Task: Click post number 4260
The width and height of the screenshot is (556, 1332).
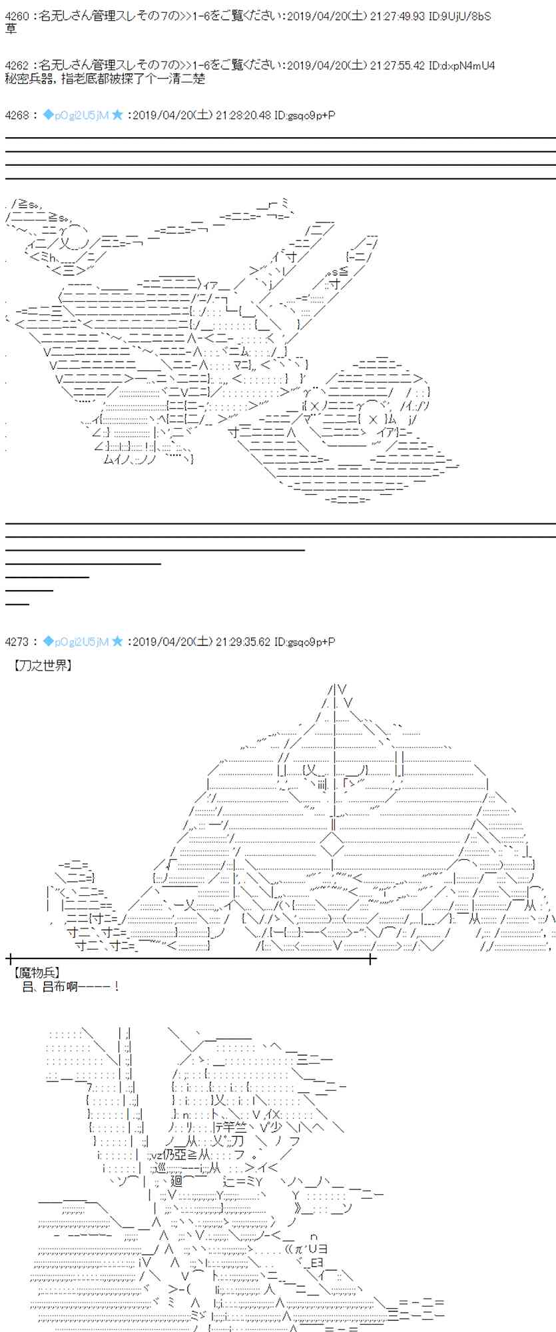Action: point(17,16)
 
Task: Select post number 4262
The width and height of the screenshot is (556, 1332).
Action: point(17,65)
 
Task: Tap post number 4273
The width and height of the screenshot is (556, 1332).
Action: point(17,641)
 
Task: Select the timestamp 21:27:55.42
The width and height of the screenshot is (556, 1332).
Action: point(398,65)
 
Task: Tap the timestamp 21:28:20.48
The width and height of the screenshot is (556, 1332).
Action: point(245,115)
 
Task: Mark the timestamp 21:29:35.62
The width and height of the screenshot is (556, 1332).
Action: point(245,641)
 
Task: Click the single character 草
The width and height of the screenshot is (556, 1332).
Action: point(11,29)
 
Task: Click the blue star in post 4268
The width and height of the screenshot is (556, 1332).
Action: point(117,115)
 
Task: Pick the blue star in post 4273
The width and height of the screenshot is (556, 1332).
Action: point(117,641)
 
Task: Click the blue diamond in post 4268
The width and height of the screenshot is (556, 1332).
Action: point(48,115)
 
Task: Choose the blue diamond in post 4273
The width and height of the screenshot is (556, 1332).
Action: point(48,641)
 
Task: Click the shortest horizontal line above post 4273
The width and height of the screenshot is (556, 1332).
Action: point(17,603)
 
